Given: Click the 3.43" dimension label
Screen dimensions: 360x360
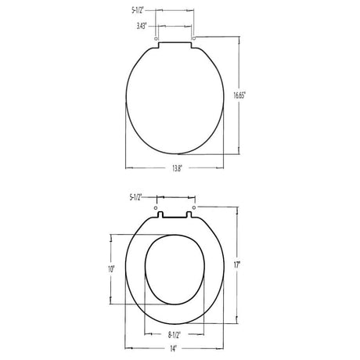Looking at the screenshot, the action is tap(142, 27).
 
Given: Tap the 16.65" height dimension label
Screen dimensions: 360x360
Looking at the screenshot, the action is tap(239, 95).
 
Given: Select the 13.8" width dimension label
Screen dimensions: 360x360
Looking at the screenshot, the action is tap(176, 168).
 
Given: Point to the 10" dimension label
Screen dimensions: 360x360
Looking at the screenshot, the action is tap(111, 269).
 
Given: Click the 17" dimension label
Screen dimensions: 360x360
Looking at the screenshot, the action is tap(236, 265).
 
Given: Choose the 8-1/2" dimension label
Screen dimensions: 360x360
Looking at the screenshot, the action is tap(175, 335).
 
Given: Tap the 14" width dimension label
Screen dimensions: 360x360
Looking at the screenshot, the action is tap(174, 349).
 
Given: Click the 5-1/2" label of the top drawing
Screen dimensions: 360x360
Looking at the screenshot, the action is tap(137, 11).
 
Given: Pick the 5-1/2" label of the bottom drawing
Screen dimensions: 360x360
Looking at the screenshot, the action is tap(135, 197).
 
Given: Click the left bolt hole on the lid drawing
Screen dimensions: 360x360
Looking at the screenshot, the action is tap(157, 38).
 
